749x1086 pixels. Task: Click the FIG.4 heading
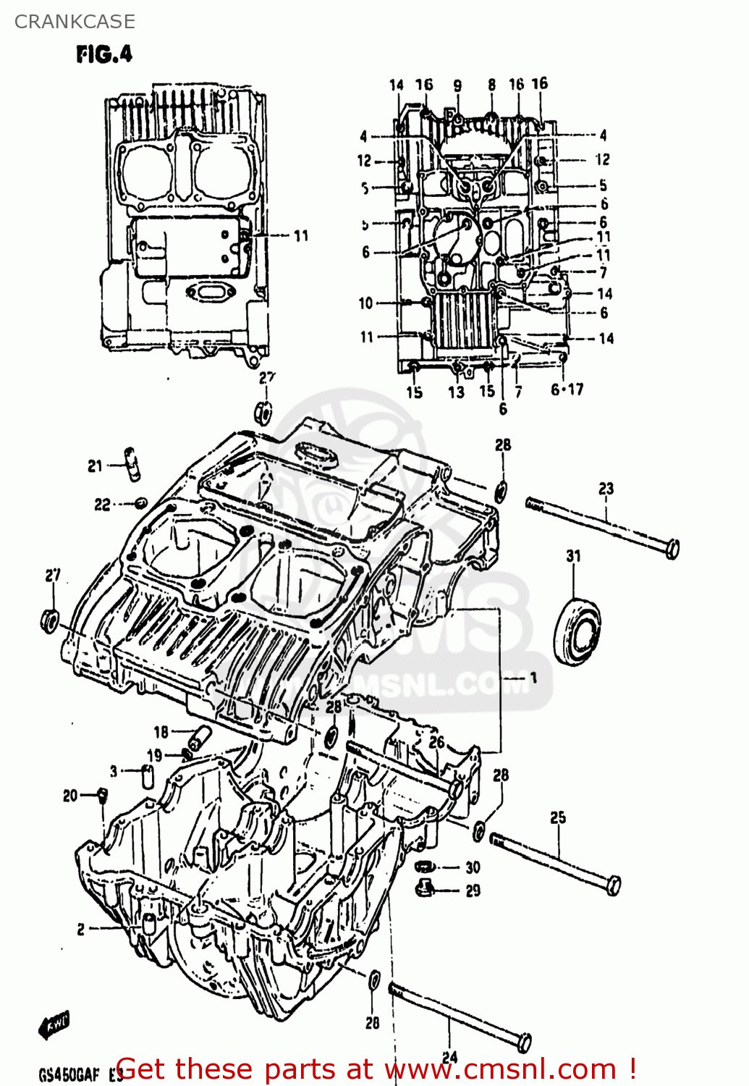[104, 54]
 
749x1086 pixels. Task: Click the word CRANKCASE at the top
[75, 22]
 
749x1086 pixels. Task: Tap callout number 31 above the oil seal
[573, 556]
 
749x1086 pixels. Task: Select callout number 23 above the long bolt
[606, 489]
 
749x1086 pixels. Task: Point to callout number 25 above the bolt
[558, 818]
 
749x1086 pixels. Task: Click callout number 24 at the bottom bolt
[449, 1057]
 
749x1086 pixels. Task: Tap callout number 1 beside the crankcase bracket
[533, 678]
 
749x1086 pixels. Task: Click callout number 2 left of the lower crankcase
[81, 929]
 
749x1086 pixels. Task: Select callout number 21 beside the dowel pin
[96, 466]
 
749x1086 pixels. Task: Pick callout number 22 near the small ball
[103, 505]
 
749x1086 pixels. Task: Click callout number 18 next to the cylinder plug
[161, 732]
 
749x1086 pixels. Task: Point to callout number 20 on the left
[70, 796]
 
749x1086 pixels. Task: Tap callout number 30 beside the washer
[473, 867]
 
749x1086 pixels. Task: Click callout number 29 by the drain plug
[473, 891]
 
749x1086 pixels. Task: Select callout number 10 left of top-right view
[366, 303]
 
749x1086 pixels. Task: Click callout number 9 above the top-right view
[457, 85]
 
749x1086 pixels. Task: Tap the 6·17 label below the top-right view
[567, 390]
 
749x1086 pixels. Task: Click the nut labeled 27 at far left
[49, 620]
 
